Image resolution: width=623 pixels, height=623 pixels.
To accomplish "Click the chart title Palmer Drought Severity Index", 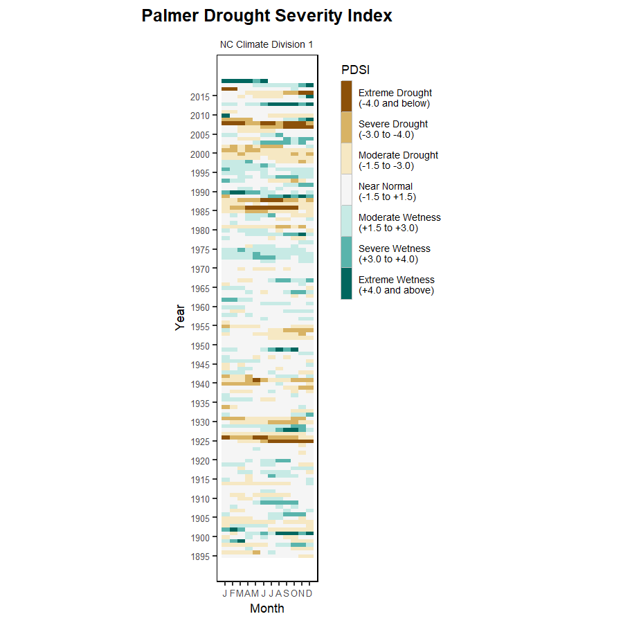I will pos(267,16).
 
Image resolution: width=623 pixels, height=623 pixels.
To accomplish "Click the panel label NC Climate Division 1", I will pos(267,44).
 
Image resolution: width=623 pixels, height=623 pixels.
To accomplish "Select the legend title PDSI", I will pos(355,70).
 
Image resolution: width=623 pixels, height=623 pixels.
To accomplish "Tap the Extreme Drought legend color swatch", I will pos(346,96).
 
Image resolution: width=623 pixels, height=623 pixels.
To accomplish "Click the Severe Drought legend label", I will pos(392,129).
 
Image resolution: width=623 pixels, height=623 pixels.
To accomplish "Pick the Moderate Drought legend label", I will pos(398,160).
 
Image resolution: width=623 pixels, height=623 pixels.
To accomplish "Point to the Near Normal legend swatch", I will pos(346,190).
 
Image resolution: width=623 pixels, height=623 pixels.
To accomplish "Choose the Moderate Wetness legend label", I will pos(399,222).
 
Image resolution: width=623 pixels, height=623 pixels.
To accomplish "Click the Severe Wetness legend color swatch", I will pos(346,252).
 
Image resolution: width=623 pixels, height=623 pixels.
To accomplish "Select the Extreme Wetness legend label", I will pos(396,285).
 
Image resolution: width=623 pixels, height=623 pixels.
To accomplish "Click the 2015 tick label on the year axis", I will pos(201,96).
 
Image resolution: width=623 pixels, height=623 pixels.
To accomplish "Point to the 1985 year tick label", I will pos(201,211).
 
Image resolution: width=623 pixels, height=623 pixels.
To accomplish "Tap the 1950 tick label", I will pos(201,345).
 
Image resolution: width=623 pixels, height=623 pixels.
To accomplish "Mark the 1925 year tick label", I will pos(201,441).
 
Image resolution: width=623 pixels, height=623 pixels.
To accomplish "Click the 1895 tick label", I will pos(201,556).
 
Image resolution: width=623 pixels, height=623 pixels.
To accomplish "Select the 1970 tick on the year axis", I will pos(201,269).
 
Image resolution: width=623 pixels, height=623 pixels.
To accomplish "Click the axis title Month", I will pos(267,608).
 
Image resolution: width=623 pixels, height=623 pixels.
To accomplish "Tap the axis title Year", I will pos(181,317).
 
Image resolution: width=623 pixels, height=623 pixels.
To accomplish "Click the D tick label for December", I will pos(309,593).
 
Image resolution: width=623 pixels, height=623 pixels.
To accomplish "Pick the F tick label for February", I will pos(233,593).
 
